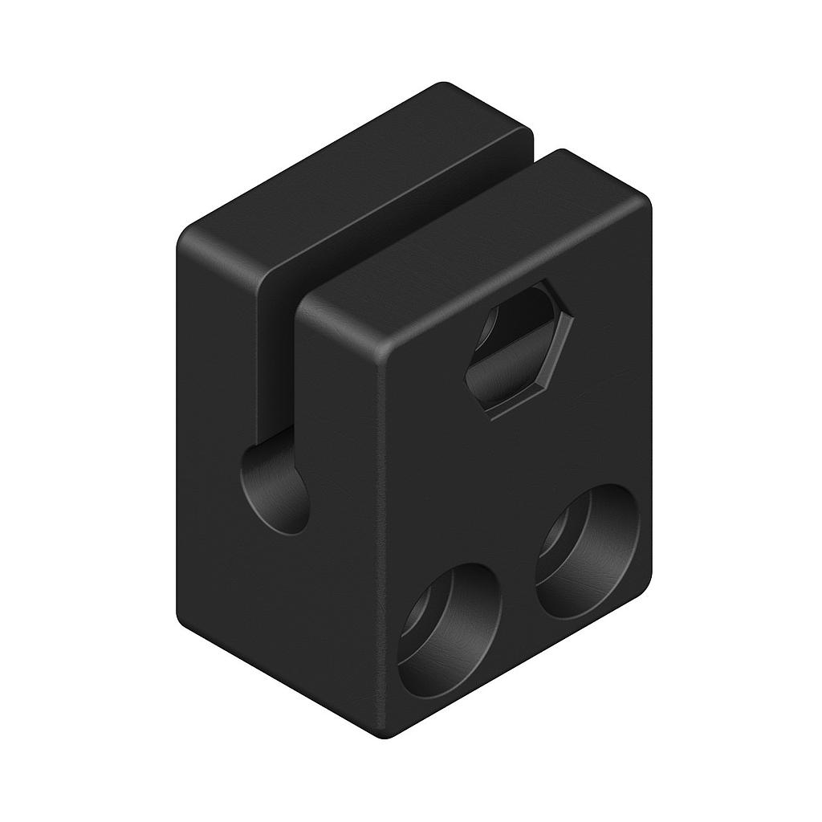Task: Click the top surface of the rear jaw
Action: tap(353, 185)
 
